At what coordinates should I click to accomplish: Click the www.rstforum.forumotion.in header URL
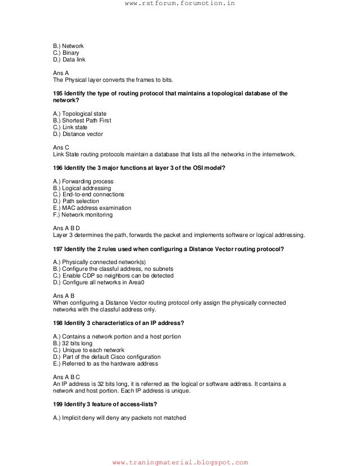[x=179, y=5]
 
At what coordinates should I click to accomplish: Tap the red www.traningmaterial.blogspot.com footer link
[x=180, y=462]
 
